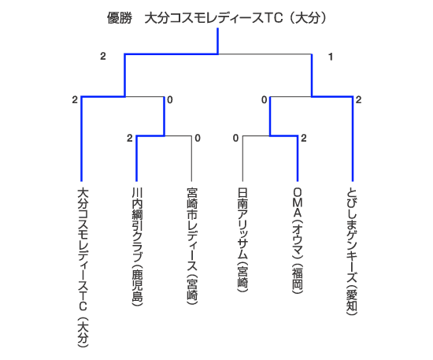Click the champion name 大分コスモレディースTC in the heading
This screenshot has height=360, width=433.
213,18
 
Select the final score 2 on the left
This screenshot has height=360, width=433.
103,57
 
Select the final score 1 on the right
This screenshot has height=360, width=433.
331,57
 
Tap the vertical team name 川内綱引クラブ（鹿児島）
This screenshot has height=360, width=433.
137,247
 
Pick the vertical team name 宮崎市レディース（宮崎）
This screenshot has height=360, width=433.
192,246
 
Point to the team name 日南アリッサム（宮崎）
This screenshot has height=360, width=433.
242,239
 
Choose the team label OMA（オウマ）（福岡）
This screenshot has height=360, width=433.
298,240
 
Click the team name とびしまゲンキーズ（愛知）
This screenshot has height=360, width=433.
352,251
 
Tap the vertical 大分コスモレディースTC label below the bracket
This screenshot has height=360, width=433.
82,267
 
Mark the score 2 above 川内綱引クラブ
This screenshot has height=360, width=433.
130,138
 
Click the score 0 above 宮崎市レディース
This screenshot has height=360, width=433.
198,138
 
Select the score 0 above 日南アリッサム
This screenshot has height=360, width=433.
235,138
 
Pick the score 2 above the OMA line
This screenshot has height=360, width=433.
304,138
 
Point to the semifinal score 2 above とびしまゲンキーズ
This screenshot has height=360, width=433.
358,100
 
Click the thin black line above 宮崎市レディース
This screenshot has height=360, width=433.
191,158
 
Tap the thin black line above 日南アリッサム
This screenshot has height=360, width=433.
242,158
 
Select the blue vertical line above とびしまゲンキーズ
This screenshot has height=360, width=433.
353,139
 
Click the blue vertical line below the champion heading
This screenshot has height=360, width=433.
218,41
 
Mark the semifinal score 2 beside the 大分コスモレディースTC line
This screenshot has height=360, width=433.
75,100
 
